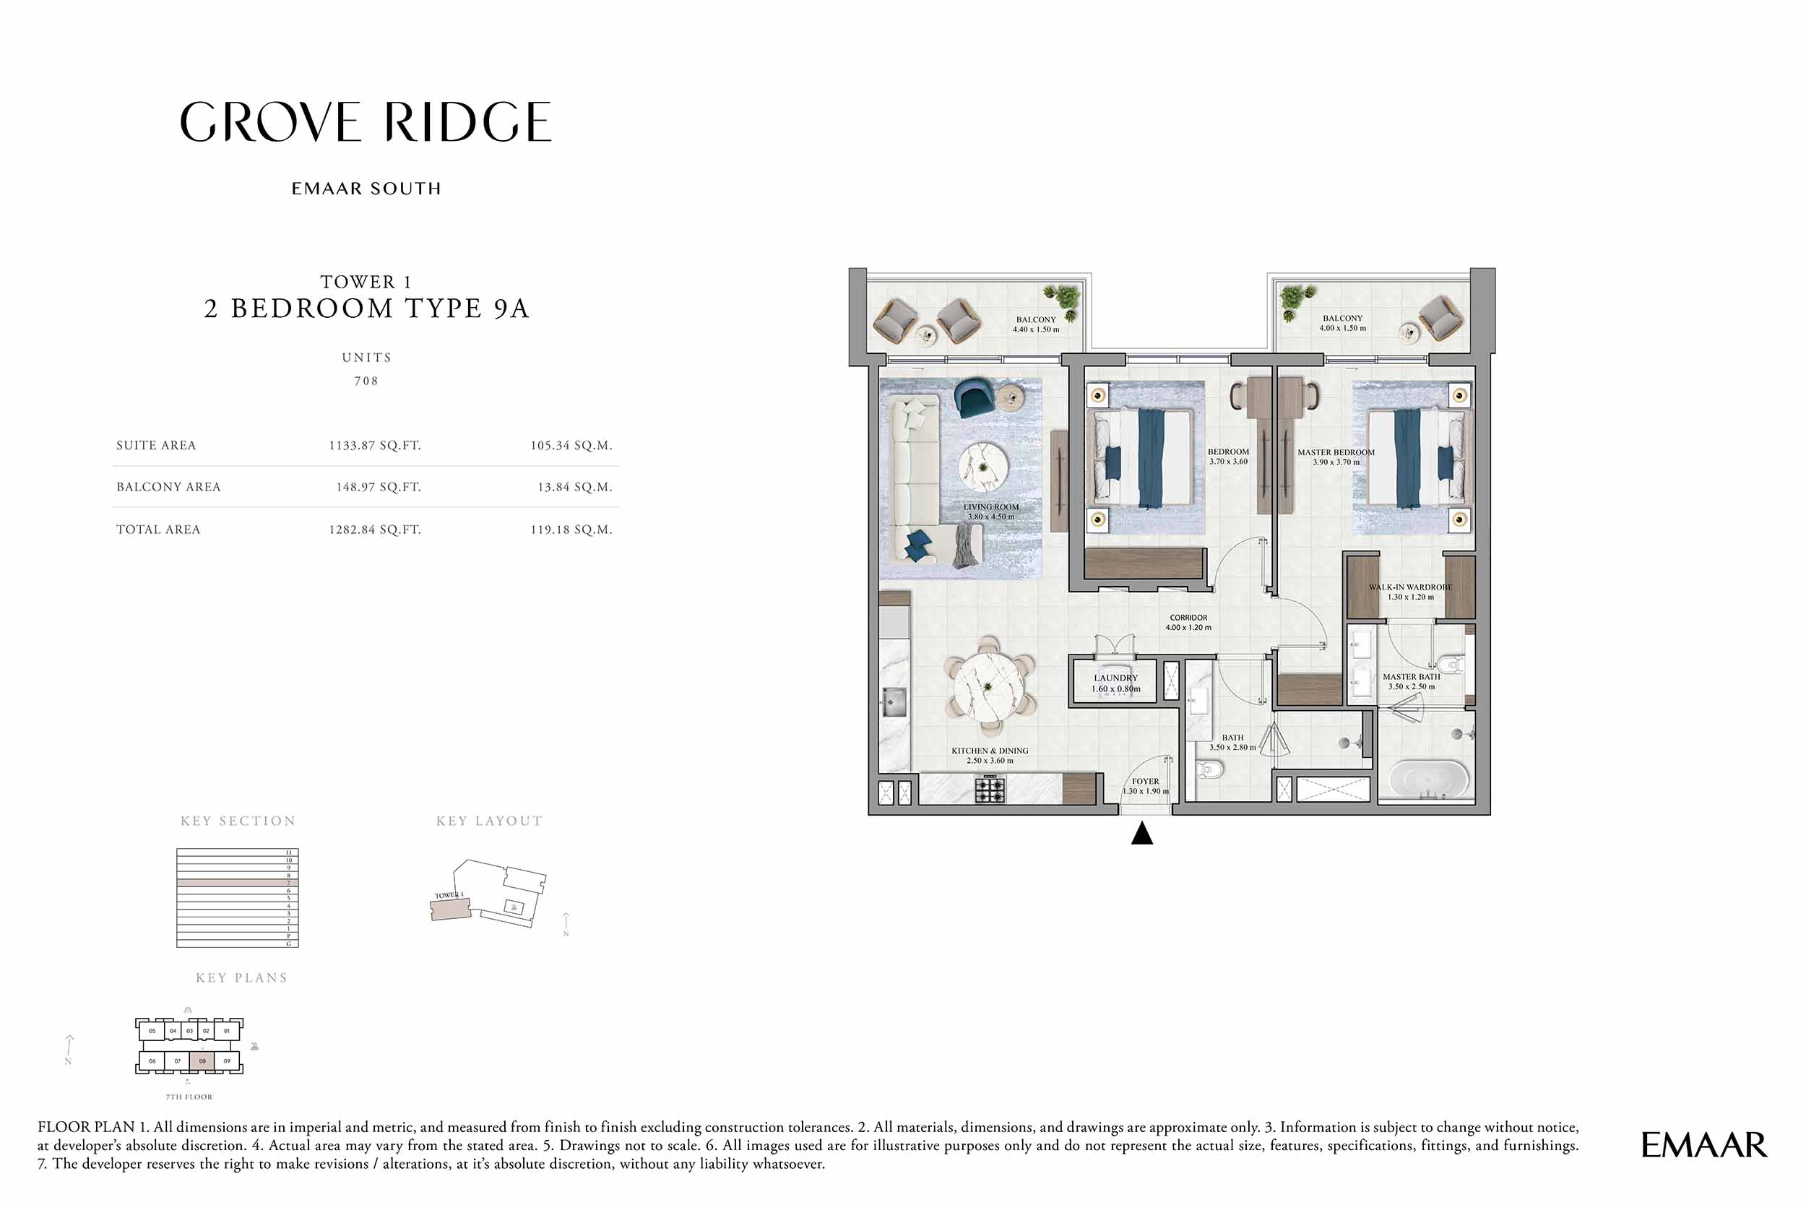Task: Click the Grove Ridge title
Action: click(366, 122)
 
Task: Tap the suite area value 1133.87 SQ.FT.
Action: click(375, 446)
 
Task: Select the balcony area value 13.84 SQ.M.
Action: click(575, 487)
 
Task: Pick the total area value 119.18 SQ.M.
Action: click(571, 530)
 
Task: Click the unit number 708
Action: click(366, 381)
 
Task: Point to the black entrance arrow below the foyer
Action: click(1142, 834)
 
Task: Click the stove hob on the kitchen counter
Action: click(990, 789)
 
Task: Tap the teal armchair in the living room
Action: click(974, 400)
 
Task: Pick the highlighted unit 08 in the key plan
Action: click(202, 1061)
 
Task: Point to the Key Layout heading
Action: click(489, 821)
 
